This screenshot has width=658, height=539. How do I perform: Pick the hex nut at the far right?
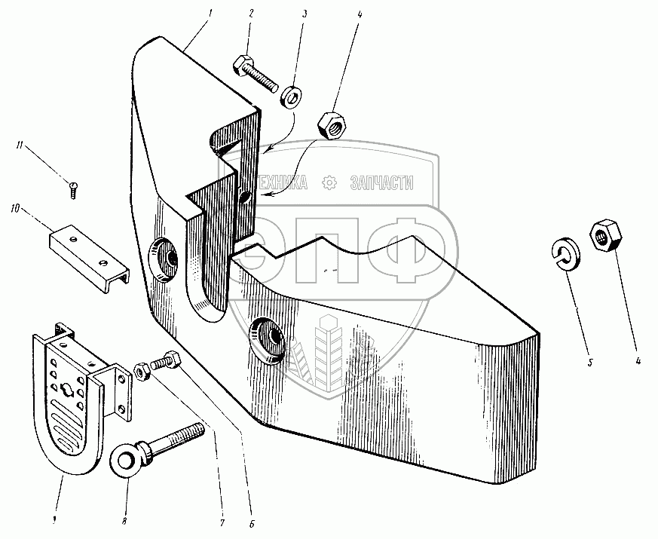pos(604,236)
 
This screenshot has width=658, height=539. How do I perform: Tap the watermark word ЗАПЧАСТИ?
pos(382,182)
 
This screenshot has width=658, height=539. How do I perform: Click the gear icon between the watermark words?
pos(329,182)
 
